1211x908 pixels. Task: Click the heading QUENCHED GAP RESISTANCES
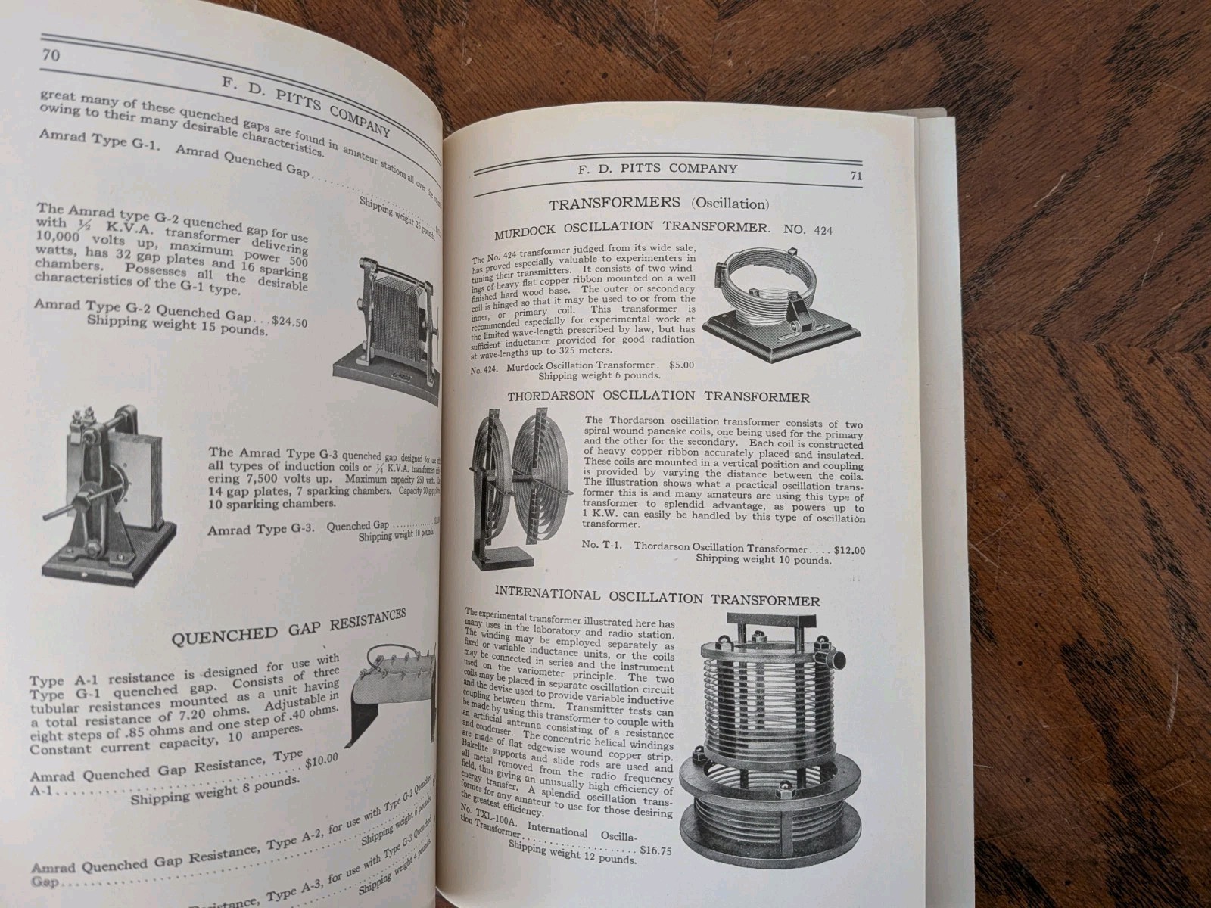click(288, 627)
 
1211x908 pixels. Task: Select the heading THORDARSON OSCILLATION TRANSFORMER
click(658, 397)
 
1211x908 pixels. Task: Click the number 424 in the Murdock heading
click(817, 230)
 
